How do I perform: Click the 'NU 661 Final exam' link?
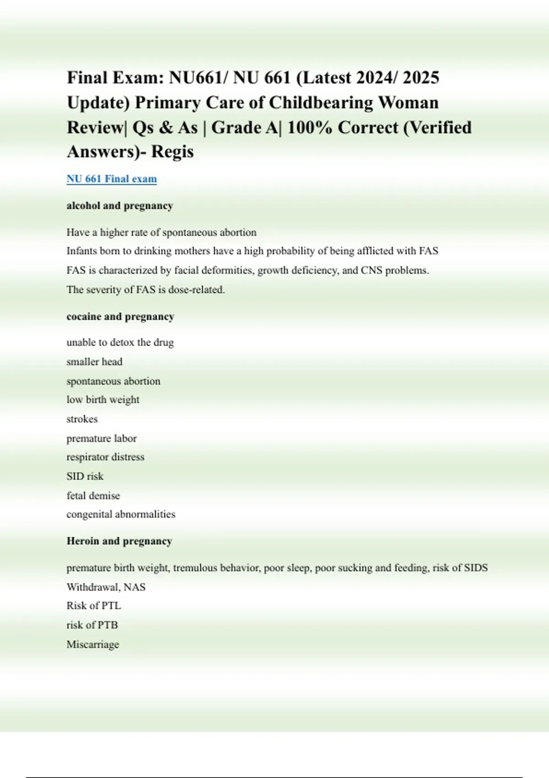(112, 179)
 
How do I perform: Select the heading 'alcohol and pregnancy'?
(120, 206)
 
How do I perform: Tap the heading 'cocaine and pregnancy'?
(120, 317)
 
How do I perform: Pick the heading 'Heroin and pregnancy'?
(119, 541)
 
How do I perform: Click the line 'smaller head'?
(94, 362)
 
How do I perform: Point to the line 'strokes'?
(82, 419)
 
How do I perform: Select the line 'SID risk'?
(85, 476)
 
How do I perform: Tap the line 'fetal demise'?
(93, 496)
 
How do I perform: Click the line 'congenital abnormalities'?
(121, 514)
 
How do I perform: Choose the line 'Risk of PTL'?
(94, 606)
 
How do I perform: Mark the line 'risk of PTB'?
(92, 625)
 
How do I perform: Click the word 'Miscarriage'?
(93, 644)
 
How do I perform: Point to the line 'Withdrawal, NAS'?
(106, 587)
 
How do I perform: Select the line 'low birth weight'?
(103, 400)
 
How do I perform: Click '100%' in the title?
(309, 127)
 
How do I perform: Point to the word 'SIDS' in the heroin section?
(476, 568)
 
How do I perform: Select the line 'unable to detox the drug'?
(120, 343)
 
